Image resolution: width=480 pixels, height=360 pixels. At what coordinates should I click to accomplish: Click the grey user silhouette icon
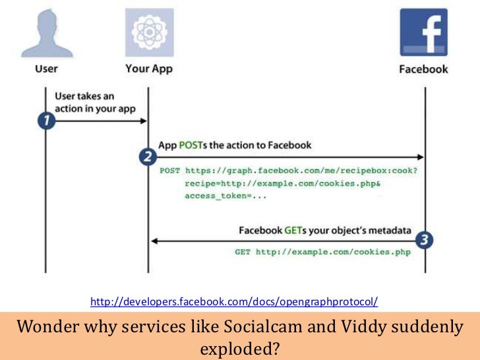45,30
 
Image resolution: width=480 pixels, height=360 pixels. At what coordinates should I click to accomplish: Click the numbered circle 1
45,123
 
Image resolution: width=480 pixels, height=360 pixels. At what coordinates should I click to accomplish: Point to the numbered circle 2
148,157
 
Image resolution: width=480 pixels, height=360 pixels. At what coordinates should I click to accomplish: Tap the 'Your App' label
148,69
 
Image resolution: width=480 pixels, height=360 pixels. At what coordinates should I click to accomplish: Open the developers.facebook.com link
234,302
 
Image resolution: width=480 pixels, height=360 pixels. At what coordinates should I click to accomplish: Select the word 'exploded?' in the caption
240,347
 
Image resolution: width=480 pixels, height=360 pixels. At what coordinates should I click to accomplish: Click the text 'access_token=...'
221,196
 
